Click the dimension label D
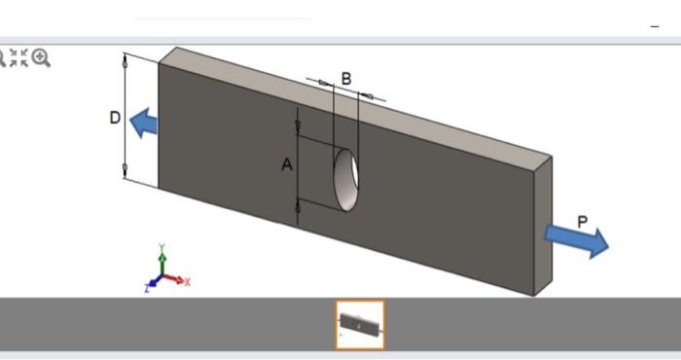pos(115,119)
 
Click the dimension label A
pos(287,165)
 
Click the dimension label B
pos(346,78)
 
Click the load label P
pos(582,222)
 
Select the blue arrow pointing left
pos(144,123)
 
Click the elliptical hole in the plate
pos(346,177)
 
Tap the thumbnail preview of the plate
pos(360,325)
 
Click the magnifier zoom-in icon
pos(41,58)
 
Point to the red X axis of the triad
pos(180,280)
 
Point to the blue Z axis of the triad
pos(152,285)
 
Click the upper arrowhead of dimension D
pos(125,61)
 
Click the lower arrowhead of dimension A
pos(298,204)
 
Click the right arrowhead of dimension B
pos(368,94)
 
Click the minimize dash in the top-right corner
pos(654,26)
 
